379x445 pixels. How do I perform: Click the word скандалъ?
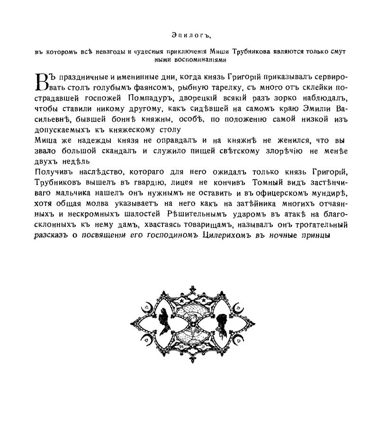[108, 150]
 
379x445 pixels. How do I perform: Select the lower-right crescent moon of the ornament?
[243, 339]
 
